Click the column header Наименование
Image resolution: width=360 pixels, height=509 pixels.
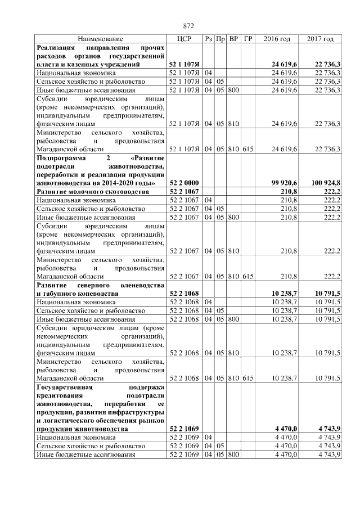point(100,39)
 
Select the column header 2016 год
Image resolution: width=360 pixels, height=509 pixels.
point(277,39)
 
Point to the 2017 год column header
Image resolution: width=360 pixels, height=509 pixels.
point(321,39)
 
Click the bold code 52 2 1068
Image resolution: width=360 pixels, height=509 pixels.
point(184,294)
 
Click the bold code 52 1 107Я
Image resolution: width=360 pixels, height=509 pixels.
point(184,65)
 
